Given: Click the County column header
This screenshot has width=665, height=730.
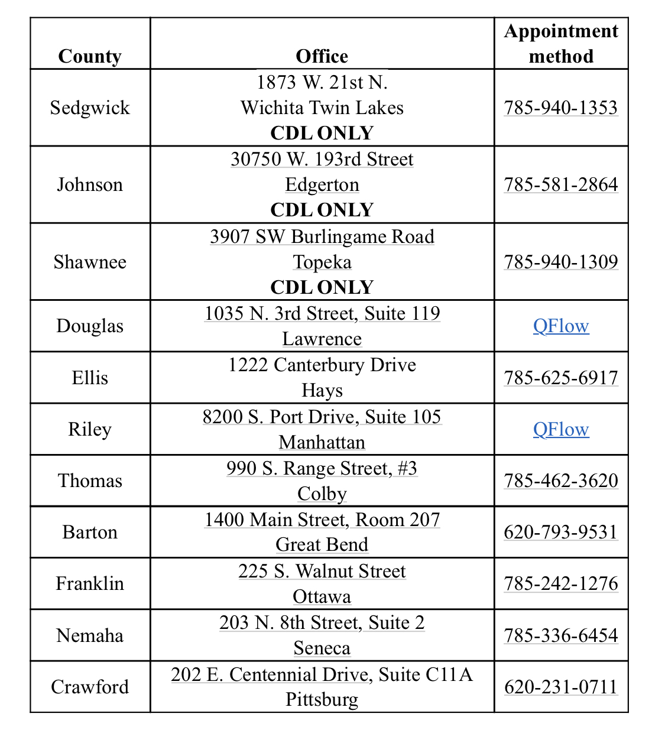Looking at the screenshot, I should click(x=90, y=56).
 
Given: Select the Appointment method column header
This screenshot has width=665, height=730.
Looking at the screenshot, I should click(x=561, y=44).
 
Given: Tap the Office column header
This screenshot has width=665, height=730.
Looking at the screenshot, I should click(x=322, y=56).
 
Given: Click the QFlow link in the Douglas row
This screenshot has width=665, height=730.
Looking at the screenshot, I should click(x=561, y=326).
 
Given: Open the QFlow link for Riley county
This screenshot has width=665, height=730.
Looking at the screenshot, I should click(x=561, y=430).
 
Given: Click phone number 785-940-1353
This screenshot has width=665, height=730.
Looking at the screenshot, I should click(x=561, y=108).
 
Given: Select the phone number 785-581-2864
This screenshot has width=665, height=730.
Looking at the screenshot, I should click(x=561, y=184).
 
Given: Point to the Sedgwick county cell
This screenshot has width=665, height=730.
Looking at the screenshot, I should click(x=90, y=108).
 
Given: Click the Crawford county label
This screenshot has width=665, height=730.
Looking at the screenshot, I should click(x=90, y=687).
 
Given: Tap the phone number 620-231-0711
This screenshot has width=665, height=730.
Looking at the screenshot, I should click(x=561, y=687).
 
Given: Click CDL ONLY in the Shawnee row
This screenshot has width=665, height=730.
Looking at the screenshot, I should click(x=322, y=287).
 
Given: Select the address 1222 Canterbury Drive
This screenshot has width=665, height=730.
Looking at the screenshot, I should click(x=322, y=365).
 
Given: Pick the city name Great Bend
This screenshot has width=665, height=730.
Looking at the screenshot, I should click(x=322, y=544).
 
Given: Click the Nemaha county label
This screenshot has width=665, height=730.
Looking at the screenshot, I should click(x=90, y=635).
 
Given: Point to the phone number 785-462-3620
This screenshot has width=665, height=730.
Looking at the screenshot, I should click(x=561, y=481).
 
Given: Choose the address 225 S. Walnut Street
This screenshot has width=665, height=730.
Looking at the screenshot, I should click(x=322, y=572).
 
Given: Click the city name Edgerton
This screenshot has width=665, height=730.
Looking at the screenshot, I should click(x=322, y=185).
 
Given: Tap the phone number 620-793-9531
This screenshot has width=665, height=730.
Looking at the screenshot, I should click(x=561, y=532).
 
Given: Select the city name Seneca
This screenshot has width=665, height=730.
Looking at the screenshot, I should click(x=322, y=648).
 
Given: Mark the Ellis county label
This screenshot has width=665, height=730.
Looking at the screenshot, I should click(x=90, y=378).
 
